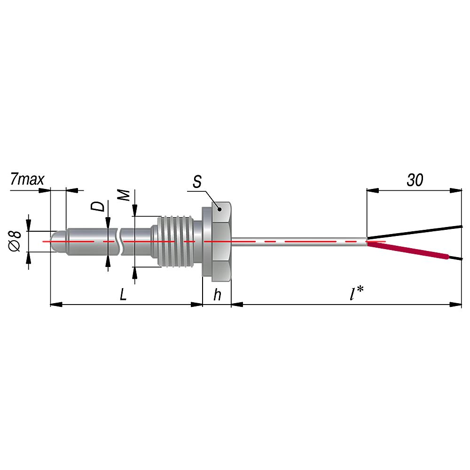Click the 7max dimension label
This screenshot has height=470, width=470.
[x=27, y=179]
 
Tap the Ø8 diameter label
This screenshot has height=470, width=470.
[x=15, y=241]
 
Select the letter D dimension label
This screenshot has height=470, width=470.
[x=98, y=206]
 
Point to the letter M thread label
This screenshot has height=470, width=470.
[x=123, y=196]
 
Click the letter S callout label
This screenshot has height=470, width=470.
[x=197, y=181]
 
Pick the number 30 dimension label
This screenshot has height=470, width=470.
[x=415, y=180]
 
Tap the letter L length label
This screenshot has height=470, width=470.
[x=123, y=295]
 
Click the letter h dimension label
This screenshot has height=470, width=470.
[x=217, y=294]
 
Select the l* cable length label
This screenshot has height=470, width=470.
[x=356, y=293]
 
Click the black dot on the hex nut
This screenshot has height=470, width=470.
[x=219, y=210]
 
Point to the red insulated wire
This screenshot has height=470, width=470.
[x=408, y=251]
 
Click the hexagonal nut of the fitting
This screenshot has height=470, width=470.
[x=221, y=242]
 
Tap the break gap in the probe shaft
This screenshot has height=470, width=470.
[x=119, y=242]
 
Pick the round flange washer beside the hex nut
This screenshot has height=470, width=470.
[x=207, y=241]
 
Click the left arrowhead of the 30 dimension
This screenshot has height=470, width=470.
[x=373, y=190]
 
